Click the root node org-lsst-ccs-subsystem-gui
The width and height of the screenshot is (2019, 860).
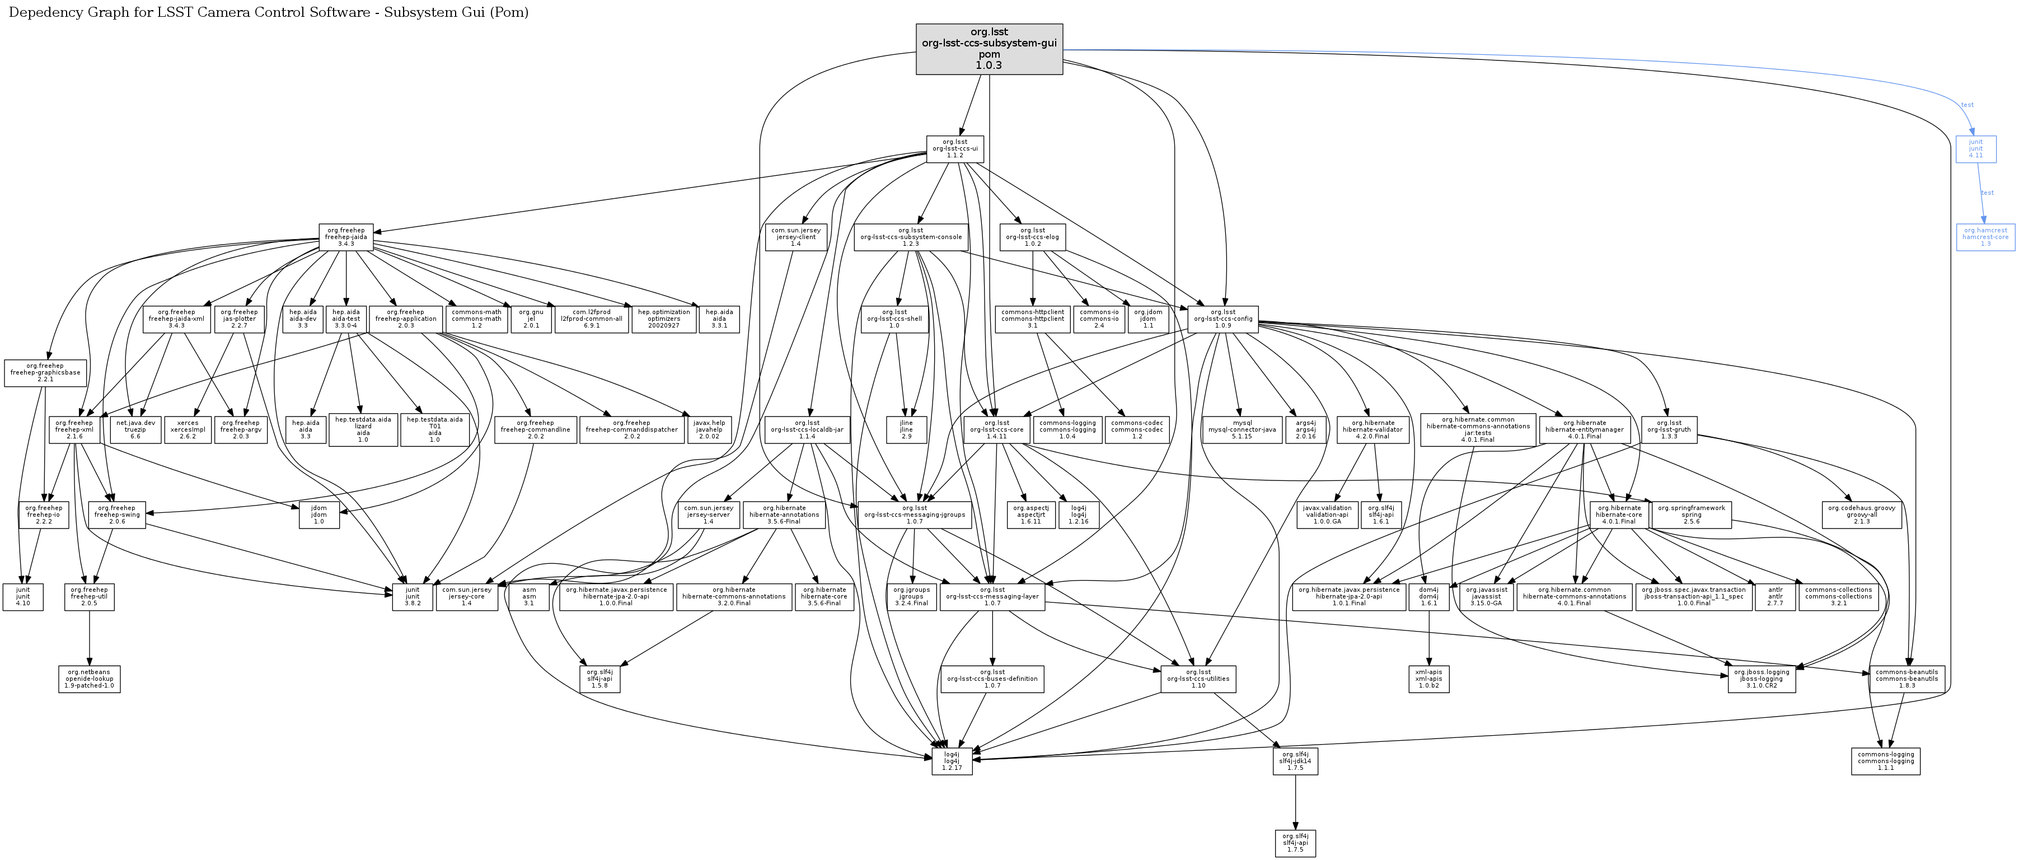click(989, 49)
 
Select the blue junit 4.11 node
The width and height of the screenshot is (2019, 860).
click(1976, 149)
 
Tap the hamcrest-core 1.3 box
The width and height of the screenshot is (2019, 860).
click(1985, 237)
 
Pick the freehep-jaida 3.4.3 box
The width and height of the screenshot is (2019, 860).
click(346, 237)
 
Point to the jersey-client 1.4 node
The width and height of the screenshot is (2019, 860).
click(795, 237)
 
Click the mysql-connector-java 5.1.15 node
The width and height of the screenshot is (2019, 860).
click(1242, 429)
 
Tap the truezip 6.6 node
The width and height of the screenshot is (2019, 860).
click(135, 429)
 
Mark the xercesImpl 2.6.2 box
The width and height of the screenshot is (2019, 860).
click(188, 429)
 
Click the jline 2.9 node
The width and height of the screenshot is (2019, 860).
click(906, 429)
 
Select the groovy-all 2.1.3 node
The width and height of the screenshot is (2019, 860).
click(1862, 515)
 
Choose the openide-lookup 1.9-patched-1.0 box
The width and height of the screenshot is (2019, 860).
click(90, 679)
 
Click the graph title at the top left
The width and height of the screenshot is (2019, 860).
click(269, 12)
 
